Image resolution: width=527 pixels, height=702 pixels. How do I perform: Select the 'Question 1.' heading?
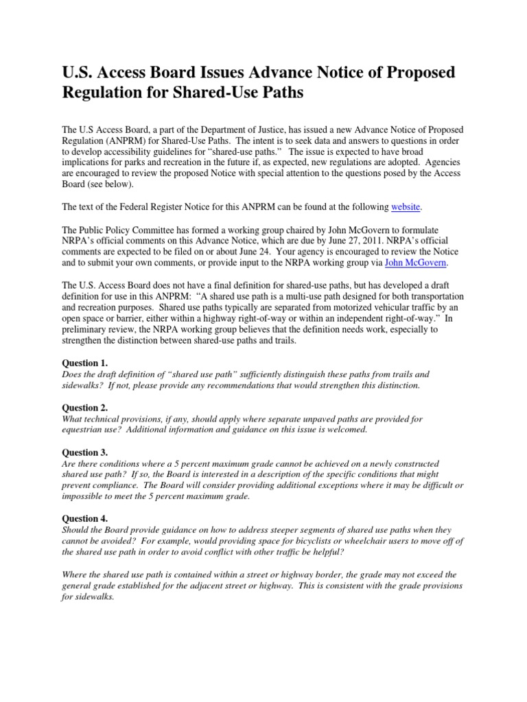click(x=85, y=363)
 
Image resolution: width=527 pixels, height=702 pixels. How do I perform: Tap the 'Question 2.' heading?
click(x=85, y=407)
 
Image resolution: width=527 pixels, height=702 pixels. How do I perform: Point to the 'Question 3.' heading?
click(x=85, y=452)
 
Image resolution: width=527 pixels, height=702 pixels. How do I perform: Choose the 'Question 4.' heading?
click(x=85, y=519)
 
